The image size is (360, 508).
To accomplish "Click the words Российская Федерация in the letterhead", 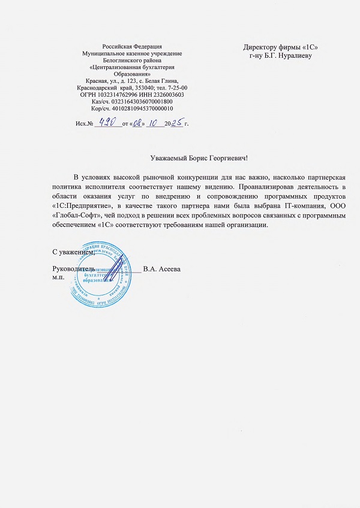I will coord(132,47).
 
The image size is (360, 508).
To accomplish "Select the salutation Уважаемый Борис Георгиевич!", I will coord(198,159).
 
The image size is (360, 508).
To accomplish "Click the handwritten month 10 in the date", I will coord(147,122).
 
